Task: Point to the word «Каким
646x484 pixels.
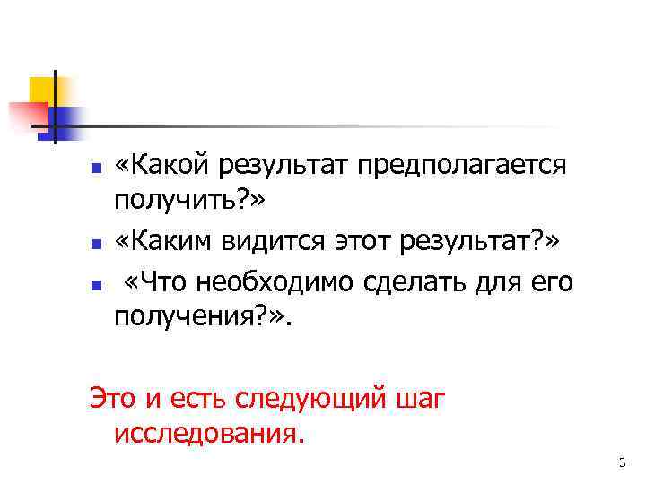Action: point(168,241)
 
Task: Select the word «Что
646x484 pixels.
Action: point(161,281)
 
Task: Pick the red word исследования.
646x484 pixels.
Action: point(210,434)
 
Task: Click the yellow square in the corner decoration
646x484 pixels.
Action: point(42,91)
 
